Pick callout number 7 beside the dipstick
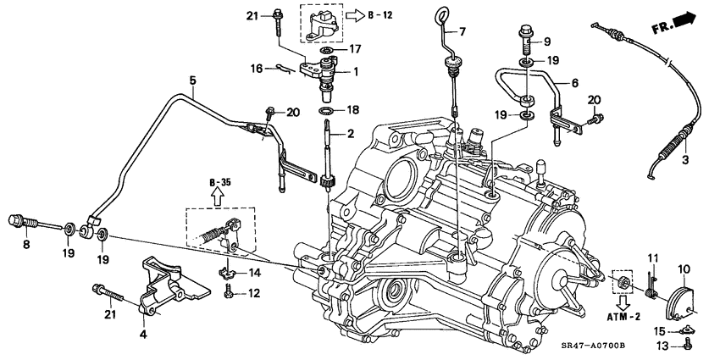pyautogui.click(x=463, y=31)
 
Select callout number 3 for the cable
pyautogui.click(x=685, y=158)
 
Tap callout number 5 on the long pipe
pyautogui.click(x=192, y=80)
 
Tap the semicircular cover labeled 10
pyautogui.click(x=680, y=292)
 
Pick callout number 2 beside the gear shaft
pyautogui.click(x=350, y=134)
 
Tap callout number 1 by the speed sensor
pyautogui.click(x=356, y=72)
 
